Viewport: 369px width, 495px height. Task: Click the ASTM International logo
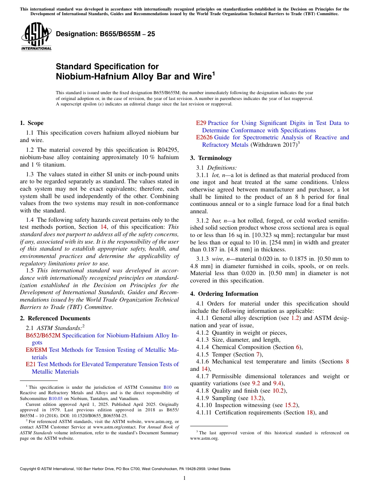point(36,36)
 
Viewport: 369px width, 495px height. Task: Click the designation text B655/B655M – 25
point(105,34)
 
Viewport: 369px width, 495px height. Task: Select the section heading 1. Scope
point(31,123)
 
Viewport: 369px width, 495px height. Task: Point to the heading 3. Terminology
point(211,158)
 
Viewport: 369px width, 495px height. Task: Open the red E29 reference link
point(201,123)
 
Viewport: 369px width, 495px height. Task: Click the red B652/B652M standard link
point(43,335)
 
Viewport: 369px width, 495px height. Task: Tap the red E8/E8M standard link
point(37,350)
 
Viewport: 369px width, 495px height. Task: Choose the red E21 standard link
point(31,364)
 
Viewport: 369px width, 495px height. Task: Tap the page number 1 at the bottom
point(184,478)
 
